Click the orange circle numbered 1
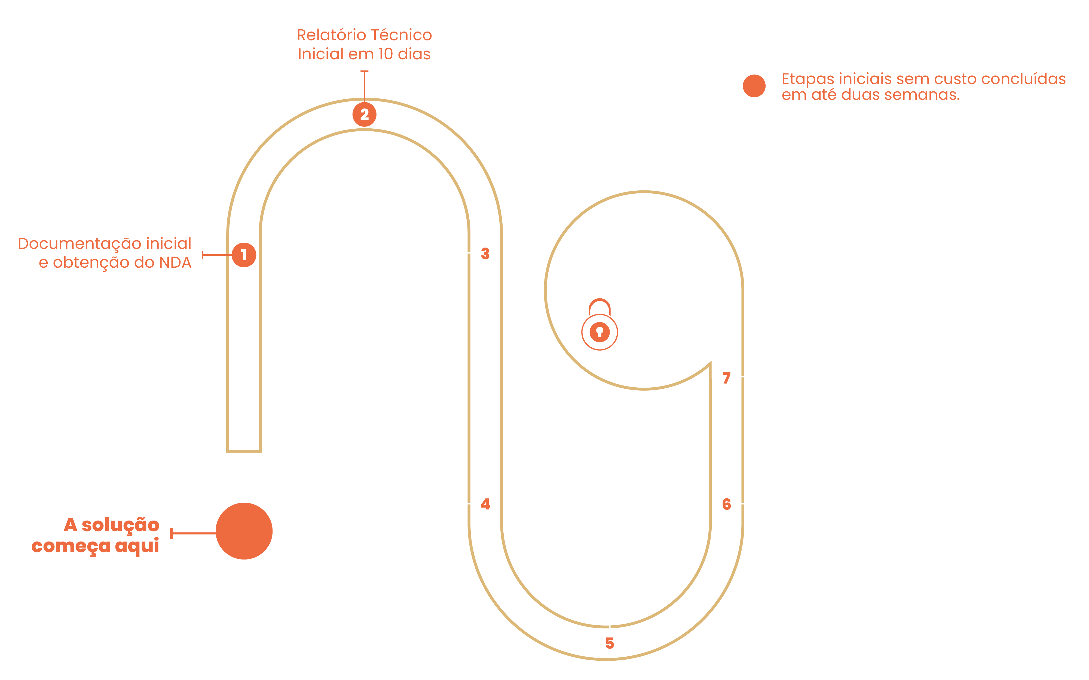click(244, 255)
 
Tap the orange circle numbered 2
click(364, 115)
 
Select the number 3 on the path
click(485, 254)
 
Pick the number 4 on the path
click(485, 504)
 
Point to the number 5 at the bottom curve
click(609, 643)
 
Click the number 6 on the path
click(726, 504)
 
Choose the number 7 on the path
click(726, 378)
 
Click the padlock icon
click(599, 325)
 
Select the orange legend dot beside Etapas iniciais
click(754, 86)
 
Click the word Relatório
click(332, 35)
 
